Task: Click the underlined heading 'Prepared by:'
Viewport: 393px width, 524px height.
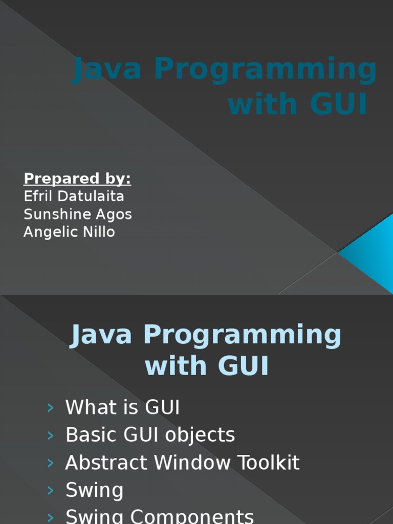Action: point(77,179)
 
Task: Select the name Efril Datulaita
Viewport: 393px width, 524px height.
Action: point(74,196)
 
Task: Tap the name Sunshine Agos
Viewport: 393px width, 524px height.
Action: point(78,214)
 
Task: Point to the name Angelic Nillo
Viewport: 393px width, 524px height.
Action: point(69,232)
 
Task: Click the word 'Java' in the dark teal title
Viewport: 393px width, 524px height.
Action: point(107,70)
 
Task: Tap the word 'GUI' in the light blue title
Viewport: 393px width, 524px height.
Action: point(243,366)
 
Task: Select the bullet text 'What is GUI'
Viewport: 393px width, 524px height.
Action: point(122,408)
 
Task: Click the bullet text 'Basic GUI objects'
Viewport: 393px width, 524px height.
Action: point(150,435)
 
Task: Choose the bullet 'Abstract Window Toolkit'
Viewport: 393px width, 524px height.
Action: point(182,463)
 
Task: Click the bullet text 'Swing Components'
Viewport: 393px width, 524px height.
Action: point(160,516)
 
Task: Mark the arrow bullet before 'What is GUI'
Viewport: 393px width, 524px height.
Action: point(50,408)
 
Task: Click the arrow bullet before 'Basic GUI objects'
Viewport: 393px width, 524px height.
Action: point(50,435)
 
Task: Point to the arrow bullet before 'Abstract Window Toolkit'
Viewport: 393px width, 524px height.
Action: point(50,463)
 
